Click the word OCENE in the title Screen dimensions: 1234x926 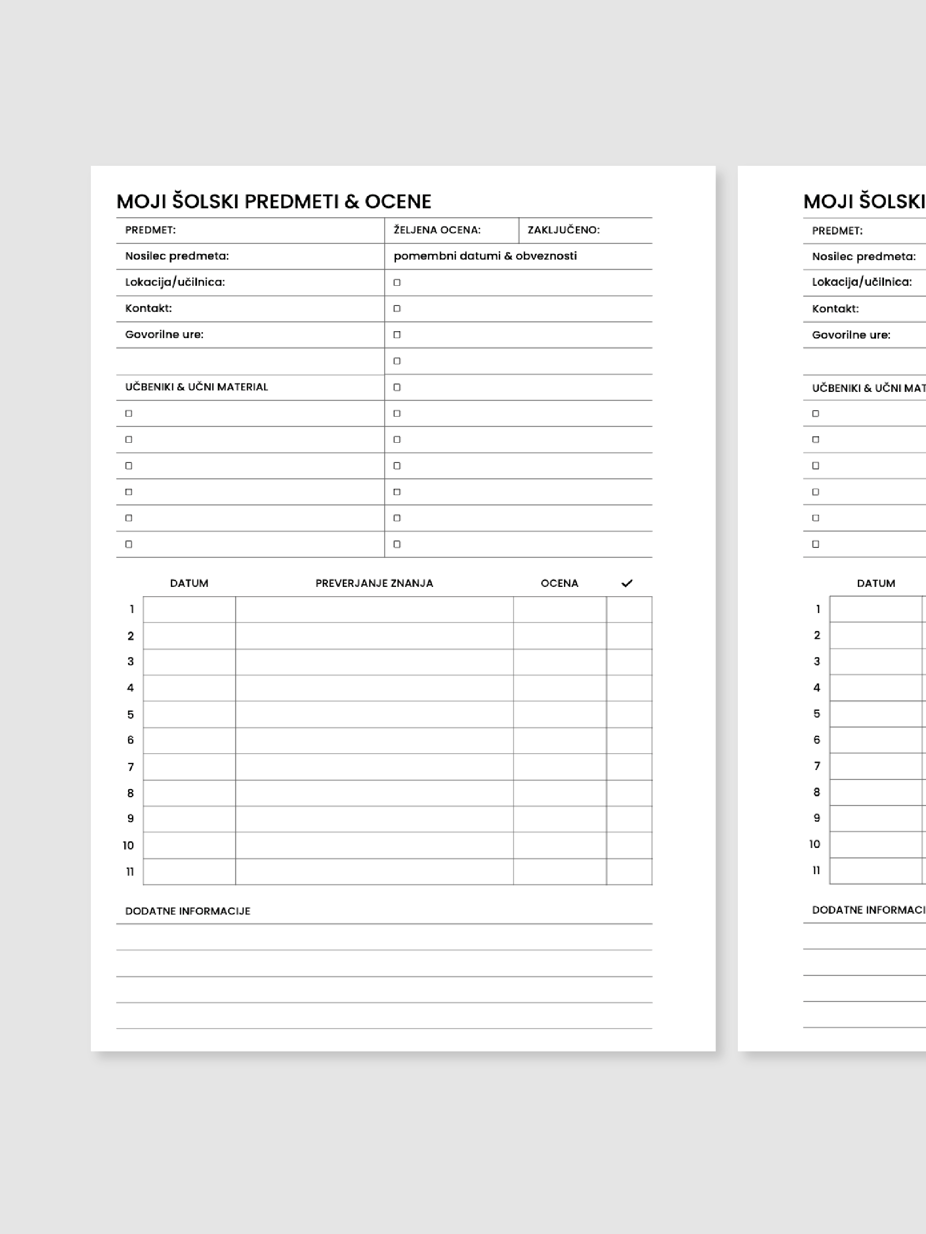click(x=398, y=201)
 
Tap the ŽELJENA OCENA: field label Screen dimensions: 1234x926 click(x=437, y=230)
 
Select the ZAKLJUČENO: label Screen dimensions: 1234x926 click(x=563, y=230)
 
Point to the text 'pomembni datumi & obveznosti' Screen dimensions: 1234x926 click(x=485, y=256)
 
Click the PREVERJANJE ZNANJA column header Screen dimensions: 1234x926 click(x=374, y=583)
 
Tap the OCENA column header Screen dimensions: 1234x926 click(x=559, y=583)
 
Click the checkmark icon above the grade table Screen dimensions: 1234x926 click(x=627, y=583)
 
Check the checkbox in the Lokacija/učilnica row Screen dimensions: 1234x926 click(x=397, y=282)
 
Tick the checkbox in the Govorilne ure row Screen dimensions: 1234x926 click(x=397, y=335)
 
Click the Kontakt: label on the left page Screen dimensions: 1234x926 click(x=149, y=308)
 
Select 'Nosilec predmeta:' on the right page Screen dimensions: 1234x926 click(x=863, y=257)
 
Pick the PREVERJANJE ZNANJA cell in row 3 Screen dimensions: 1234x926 click(x=374, y=661)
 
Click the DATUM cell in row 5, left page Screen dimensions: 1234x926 click(x=189, y=714)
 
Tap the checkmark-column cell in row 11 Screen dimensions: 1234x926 click(x=629, y=871)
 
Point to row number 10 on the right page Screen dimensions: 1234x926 click(x=814, y=844)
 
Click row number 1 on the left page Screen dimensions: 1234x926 click(x=132, y=609)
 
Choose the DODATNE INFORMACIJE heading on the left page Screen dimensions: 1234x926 click(x=188, y=911)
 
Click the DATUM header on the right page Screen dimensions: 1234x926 click(x=876, y=583)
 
